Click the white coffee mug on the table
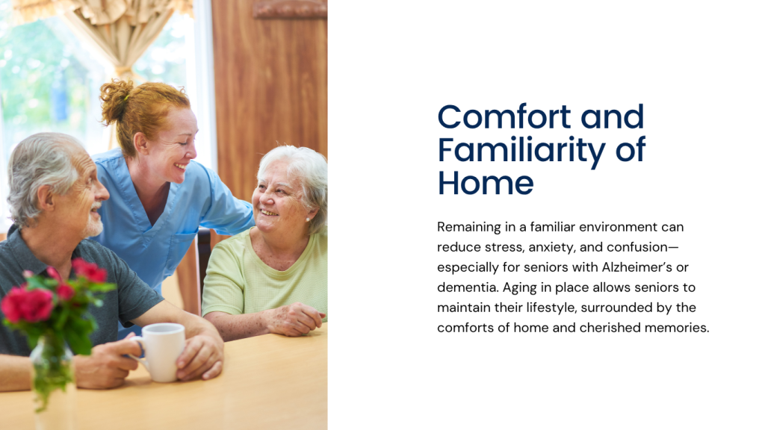tap(161, 351)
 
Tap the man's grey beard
tap(93, 225)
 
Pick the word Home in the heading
tap(486, 183)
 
